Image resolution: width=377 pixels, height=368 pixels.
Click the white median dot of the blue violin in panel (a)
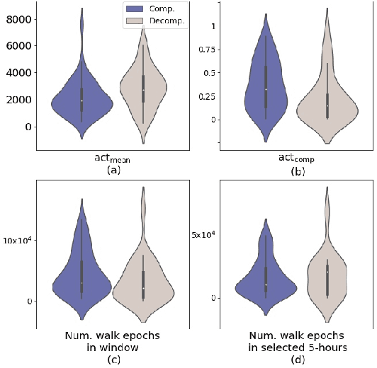(x=81, y=100)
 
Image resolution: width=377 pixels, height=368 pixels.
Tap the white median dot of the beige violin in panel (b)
(x=327, y=105)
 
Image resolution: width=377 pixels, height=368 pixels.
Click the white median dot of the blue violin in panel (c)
(x=81, y=283)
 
